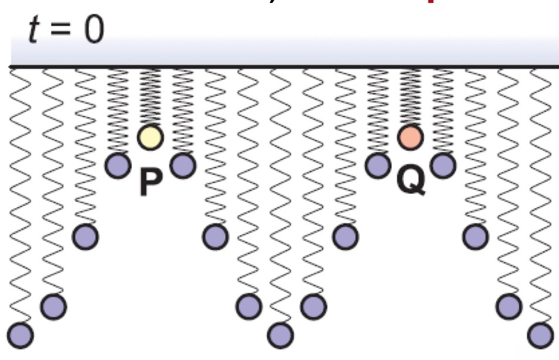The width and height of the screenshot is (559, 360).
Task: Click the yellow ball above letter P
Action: (150, 137)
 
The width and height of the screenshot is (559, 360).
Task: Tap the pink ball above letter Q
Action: (410, 137)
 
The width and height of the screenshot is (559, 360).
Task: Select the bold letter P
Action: (150, 183)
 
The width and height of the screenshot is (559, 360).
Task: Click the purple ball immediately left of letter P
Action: (118, 164)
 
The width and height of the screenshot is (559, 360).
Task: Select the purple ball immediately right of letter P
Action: (182, 164)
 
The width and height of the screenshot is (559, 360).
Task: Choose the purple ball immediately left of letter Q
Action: (378, 164)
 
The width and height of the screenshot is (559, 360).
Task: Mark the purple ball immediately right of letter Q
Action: (443, 164)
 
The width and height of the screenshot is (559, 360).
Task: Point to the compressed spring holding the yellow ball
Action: (150, 97)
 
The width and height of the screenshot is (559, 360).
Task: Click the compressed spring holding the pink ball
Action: (410, 97)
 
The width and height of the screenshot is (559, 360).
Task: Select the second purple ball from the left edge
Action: (53, 305)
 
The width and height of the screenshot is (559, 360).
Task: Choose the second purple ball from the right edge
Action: (508, 305)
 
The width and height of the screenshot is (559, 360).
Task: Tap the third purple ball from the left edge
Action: (85, 236)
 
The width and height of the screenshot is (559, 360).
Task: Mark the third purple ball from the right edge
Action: (475, 236)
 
